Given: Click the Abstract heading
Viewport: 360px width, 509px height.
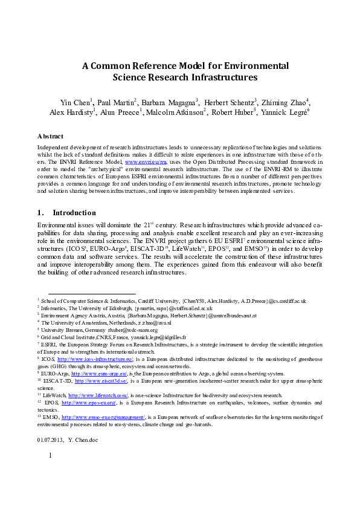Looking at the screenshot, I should pyautogui.click(x=50, y=137).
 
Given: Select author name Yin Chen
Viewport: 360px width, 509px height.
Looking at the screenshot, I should pyautogui.click(x=75, y=102).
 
